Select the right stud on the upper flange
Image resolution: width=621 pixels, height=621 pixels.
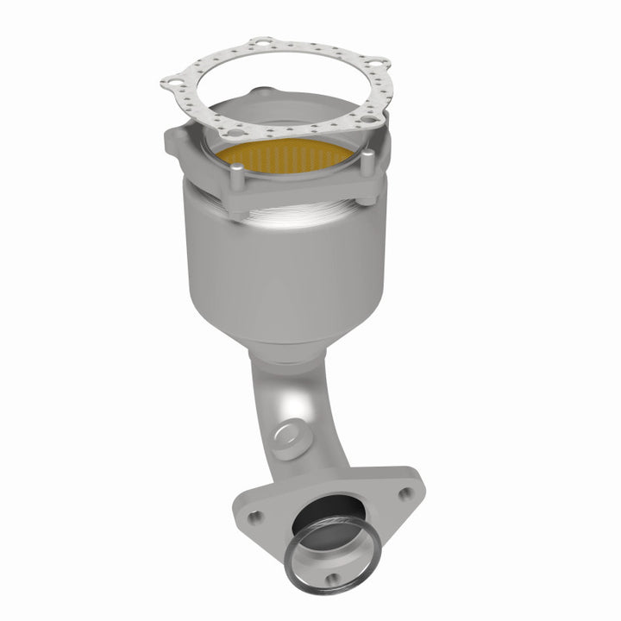point(368,161)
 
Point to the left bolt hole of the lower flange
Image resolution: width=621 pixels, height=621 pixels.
point(255,517)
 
